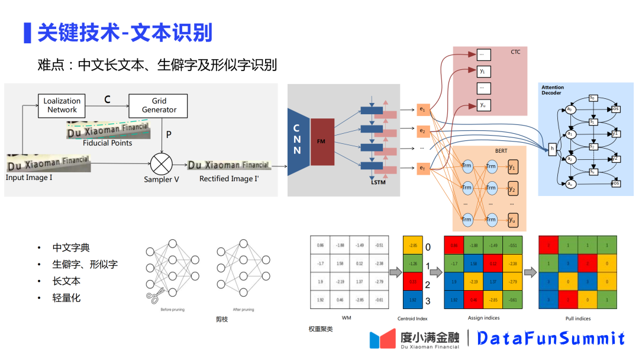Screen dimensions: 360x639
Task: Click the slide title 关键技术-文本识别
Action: (x=124, y=32)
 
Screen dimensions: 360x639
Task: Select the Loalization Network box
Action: (x=62, y=105)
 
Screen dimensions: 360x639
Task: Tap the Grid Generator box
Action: (x=159, y=105)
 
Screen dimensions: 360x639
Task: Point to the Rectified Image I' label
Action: (x=230, y=178)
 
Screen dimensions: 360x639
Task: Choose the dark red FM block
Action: (x=321, y=142)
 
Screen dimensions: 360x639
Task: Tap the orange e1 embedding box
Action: (x=422, y=110)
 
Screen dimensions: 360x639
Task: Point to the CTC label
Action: (x=515, y=53)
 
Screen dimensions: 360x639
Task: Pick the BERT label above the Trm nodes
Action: (x=501, y=151)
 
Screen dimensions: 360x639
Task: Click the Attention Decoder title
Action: (x=553, y=90)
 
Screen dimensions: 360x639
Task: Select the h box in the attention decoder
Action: (x=552, y=150)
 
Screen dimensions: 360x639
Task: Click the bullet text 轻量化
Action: (x=66, y=298)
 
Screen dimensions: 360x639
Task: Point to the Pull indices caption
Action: (x=577, y=319)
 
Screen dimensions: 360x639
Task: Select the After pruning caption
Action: (x=243, y=309)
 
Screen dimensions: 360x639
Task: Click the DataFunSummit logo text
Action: (x=550, y=338)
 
